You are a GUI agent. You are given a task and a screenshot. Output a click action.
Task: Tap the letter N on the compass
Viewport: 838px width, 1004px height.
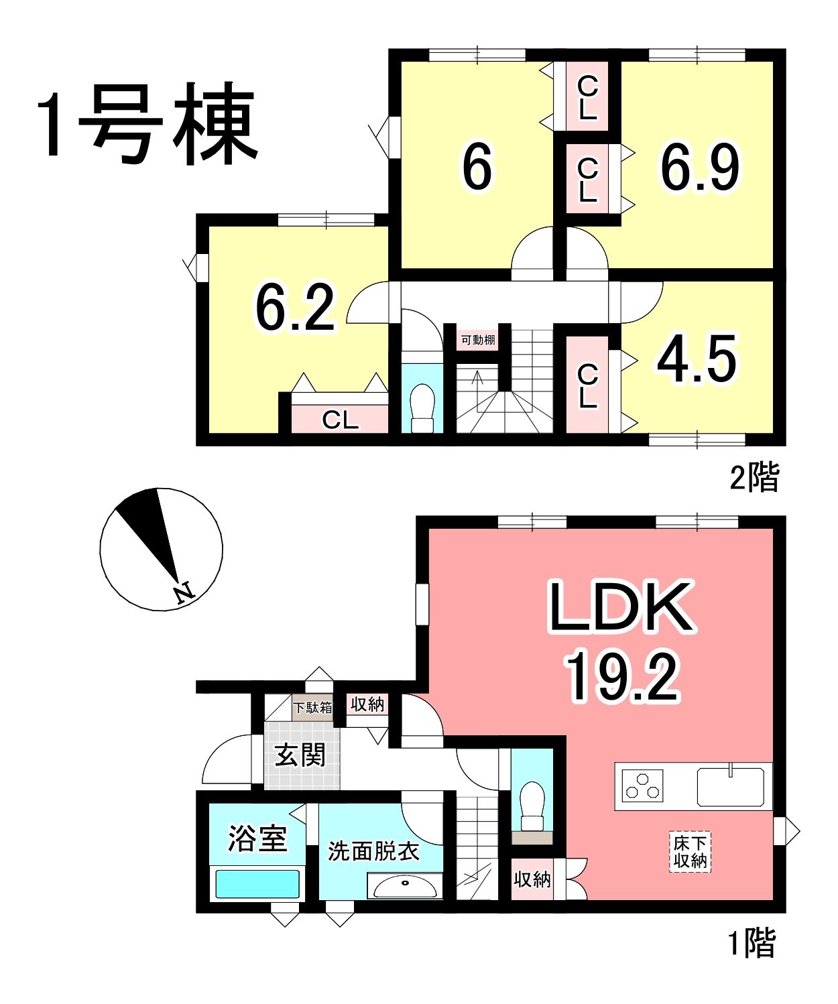pos(183,593)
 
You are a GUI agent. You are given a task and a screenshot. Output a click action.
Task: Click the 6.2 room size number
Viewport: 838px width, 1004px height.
pos(295,307)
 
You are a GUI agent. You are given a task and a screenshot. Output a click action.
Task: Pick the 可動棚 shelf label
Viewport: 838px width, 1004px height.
pos(478,340)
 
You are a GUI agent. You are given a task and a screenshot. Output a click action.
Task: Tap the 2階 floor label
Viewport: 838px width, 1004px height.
pos(754,476)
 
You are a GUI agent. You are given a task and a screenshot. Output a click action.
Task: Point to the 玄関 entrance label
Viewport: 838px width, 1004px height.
pos(300,755)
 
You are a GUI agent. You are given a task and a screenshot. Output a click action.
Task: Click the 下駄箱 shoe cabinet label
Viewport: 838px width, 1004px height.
pos(312,707)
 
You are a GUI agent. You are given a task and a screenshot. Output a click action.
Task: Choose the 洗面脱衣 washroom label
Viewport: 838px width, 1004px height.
pos(374,851)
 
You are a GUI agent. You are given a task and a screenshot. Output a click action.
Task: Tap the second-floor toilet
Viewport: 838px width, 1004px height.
pos(423,407)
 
